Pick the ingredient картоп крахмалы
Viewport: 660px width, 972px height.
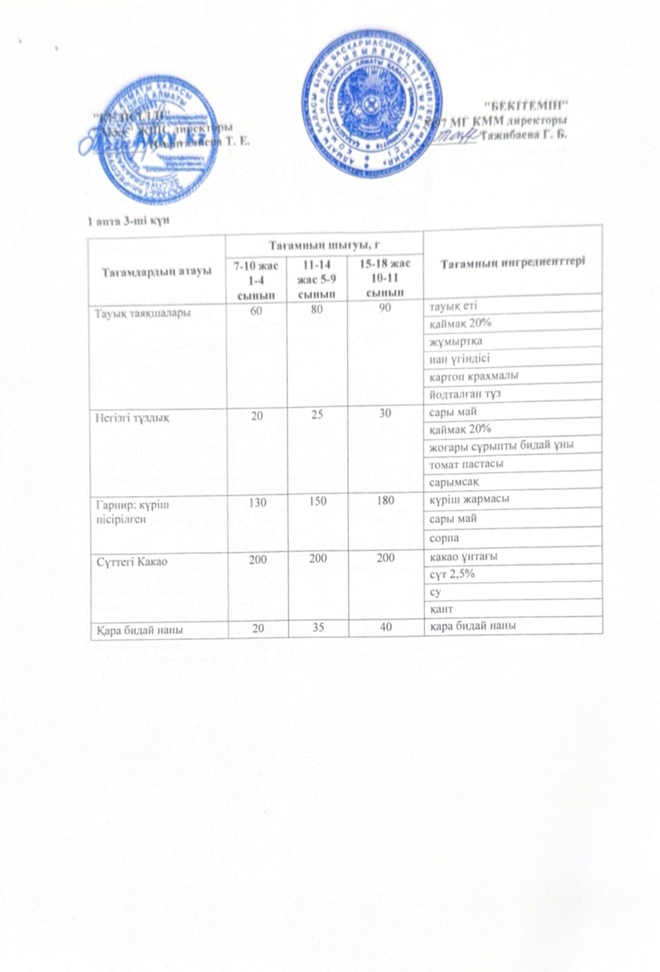point(465,375)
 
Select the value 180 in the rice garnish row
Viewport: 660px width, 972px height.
point(385,501)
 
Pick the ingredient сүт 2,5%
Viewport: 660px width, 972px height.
point(452,574)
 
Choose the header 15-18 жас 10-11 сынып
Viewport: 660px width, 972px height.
point(385,277)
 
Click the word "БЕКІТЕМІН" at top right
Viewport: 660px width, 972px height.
point(529,103)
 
